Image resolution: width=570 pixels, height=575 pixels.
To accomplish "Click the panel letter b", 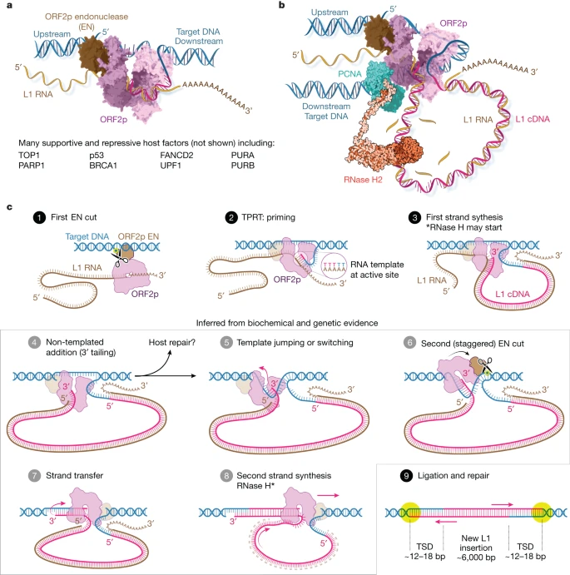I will coord(281,7).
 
